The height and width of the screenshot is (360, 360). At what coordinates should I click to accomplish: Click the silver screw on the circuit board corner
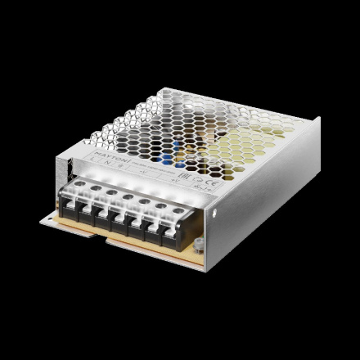(200, 241)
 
